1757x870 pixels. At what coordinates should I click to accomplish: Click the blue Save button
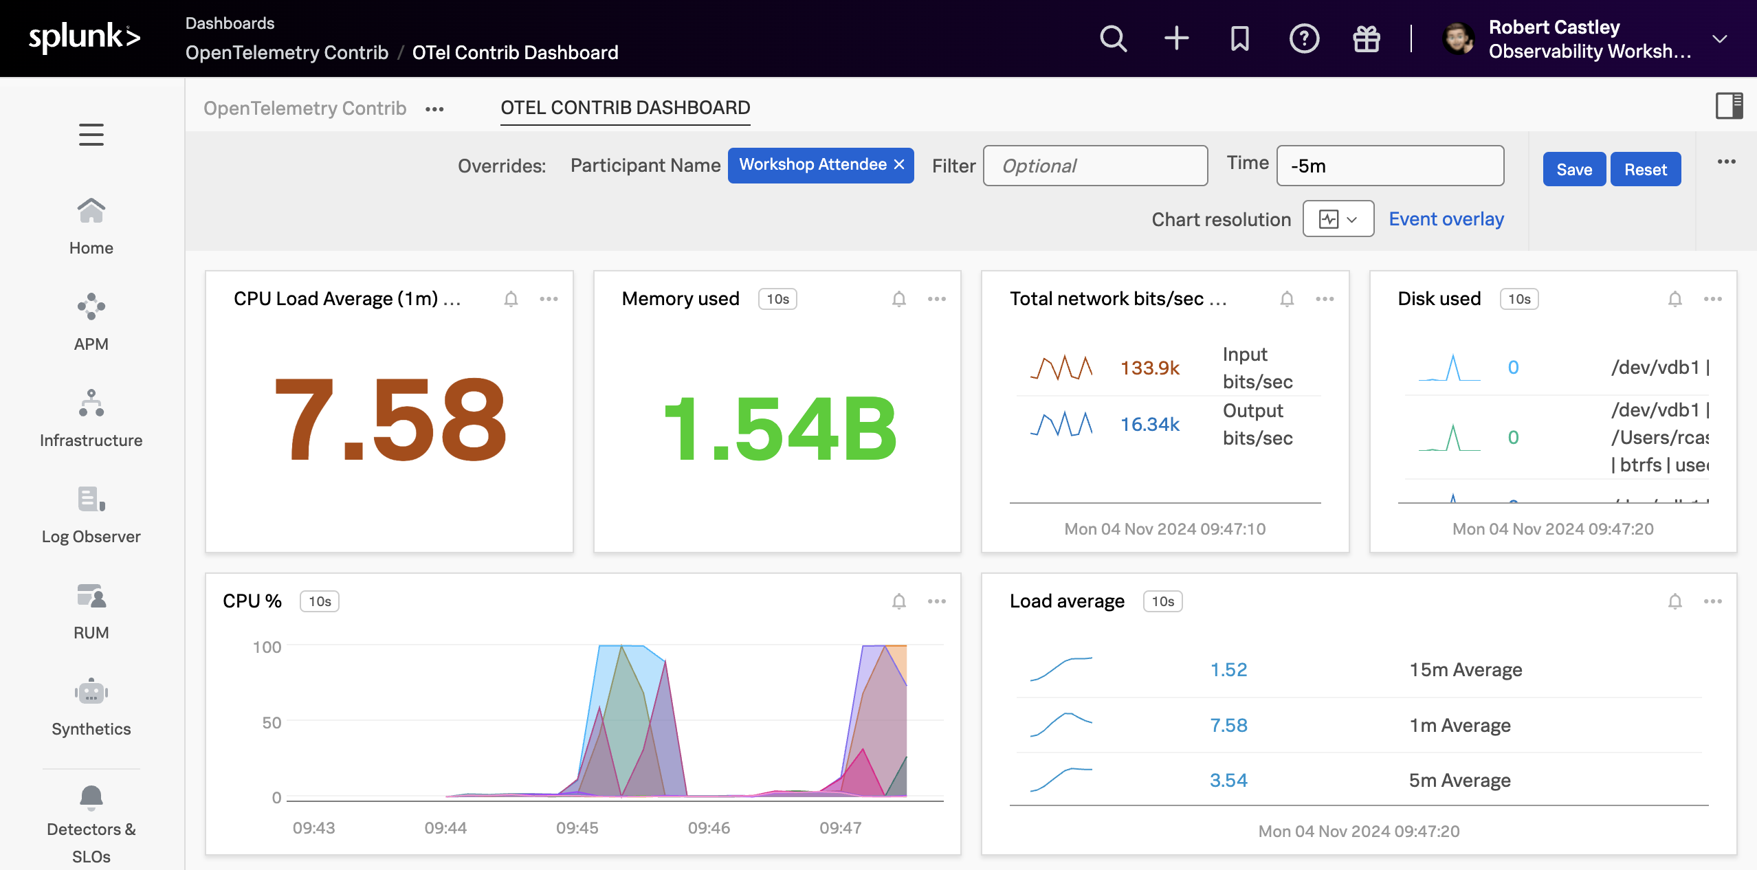tap(1573, 169)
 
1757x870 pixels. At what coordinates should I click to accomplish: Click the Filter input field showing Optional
tap(1095, 166)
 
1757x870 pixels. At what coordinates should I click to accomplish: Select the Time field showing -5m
tap(1389, 166)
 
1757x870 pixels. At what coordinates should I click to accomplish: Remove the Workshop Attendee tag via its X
tap(899, 165)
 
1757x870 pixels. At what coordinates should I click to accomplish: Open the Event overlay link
tap(1446, 219)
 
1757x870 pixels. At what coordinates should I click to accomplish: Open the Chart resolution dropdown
tap(1338, 219)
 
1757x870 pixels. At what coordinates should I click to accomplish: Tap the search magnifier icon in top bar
tap(1113, 38)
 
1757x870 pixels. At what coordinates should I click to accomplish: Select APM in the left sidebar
tap(91, 322)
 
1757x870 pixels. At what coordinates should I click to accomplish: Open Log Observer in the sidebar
tap(91, 515)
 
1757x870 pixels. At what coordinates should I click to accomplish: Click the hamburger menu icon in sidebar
tap(91, 135)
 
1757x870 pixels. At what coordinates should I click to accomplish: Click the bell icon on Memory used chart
tap(898, 299)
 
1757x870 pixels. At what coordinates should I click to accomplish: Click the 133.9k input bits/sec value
tap(1149, 368)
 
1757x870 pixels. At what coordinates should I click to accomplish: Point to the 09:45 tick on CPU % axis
tap(577, 827)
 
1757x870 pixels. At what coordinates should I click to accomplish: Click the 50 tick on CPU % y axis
tap(272, 722)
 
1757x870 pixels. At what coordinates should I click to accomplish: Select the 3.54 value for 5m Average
tap(1228, 781)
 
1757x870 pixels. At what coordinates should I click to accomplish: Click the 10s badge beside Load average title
tap(1162, 601)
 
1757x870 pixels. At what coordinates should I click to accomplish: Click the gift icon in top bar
tap(1366, 38)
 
